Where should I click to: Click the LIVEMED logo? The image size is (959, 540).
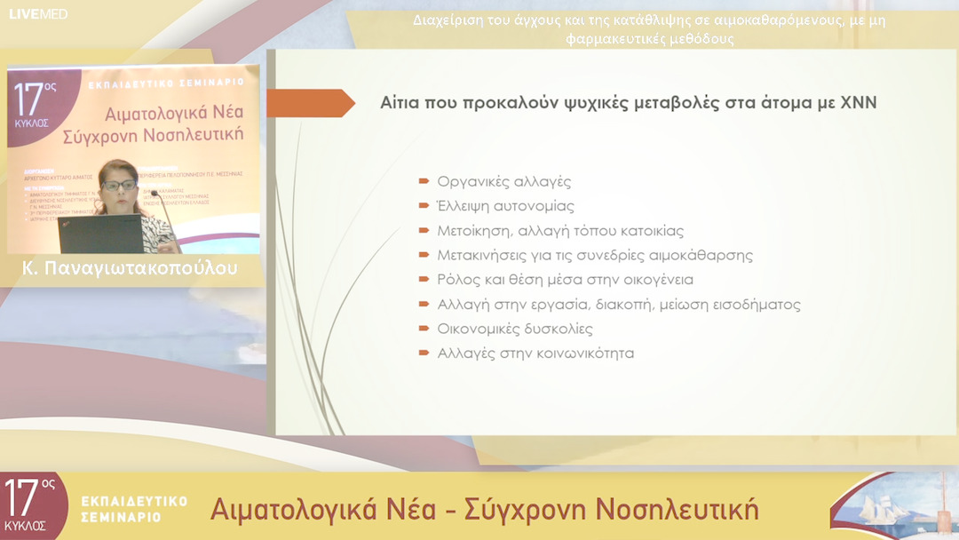[x=39, y=13]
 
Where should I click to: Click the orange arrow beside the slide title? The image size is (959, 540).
[x=310, y=103]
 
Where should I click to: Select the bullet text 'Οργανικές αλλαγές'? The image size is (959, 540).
[x=503, y=182]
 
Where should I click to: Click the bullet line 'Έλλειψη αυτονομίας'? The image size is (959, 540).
[x=505, y=206]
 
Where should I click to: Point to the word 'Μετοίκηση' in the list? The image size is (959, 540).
[x=471, y=231]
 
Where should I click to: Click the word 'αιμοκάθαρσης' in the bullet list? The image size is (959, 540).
[x=707, y=256]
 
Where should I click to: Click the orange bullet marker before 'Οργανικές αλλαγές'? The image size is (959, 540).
[x=424, y=182]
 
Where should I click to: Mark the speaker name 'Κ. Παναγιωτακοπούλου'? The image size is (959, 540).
[x=131, y=269]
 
